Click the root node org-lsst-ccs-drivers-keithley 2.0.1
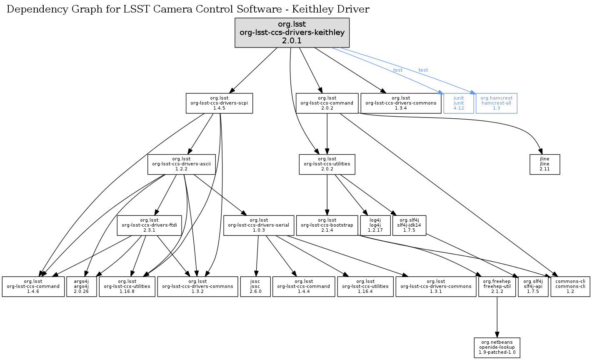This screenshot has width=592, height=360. [292, 32]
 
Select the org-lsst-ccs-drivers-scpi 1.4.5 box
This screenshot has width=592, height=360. [219, 103]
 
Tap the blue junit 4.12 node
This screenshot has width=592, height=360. [459, 103]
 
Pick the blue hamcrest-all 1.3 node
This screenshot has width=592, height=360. [496, 103]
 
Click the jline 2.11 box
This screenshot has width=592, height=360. [545, 164]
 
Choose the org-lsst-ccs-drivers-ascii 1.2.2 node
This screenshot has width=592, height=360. [181, 164]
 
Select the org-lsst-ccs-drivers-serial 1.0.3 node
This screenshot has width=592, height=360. [258, 225]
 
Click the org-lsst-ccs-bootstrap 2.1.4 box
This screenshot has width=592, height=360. [327, 225]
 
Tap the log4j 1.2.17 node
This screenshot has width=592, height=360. [375, 225]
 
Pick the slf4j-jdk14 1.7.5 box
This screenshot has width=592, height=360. [409, 225]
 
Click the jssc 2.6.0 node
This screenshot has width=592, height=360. [255, 286]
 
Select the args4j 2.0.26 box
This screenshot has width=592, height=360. [82, 286]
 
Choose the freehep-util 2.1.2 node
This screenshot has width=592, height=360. [497, 286]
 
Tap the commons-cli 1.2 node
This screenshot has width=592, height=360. [570, 286]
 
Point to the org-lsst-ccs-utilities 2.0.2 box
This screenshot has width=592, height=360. [327, 164]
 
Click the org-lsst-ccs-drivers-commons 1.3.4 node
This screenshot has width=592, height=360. [401, 103]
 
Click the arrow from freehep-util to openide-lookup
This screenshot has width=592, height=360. [497, 317]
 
